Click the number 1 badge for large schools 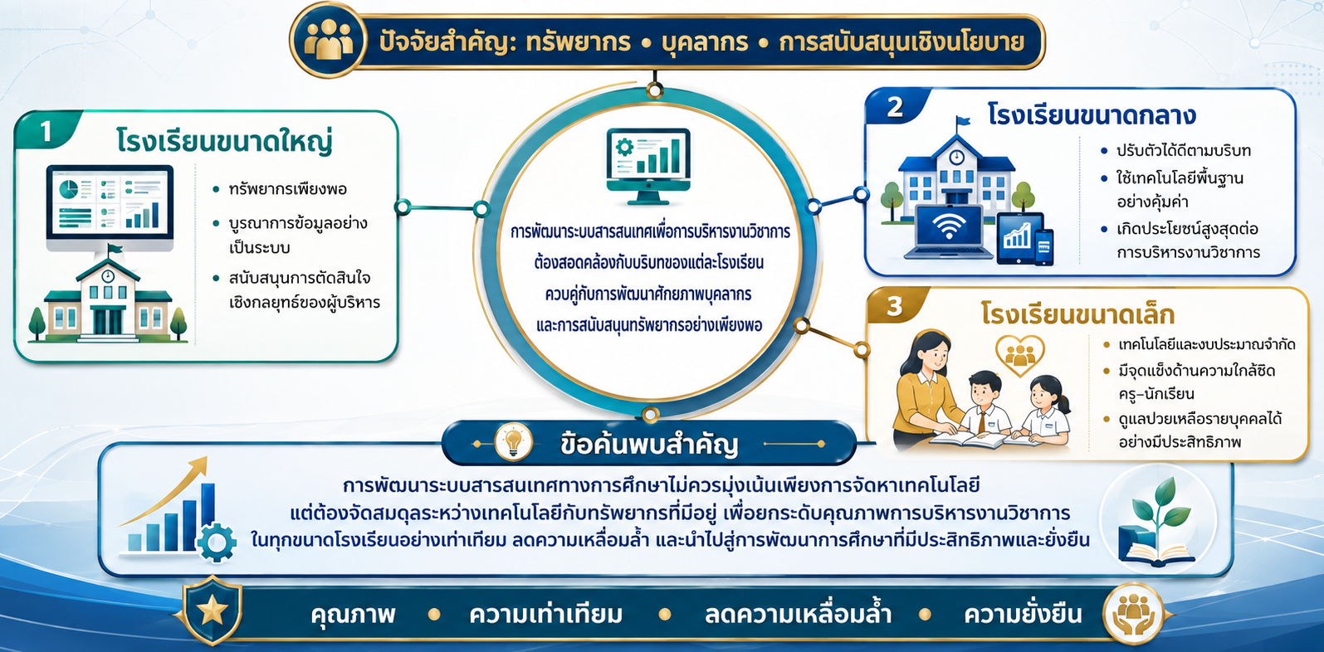coord(46,132)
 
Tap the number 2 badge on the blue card coord(895,107)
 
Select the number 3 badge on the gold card coord(895,306)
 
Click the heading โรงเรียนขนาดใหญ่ coord(224,142)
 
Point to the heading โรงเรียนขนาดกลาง coord(1091,114)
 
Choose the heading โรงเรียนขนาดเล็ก coord(1077,314)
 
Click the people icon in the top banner coord(329,40)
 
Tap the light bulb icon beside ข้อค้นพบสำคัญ coord(513,442)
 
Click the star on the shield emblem coord(213,611)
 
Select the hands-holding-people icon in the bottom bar coord(1133,614)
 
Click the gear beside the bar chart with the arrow coord(217,543)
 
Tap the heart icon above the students coord(1020,355)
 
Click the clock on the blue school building coord(956,157)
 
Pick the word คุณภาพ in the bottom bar coord(354,614)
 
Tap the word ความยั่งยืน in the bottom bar coord(1024,614)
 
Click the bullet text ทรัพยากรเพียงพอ coord(288,190)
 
